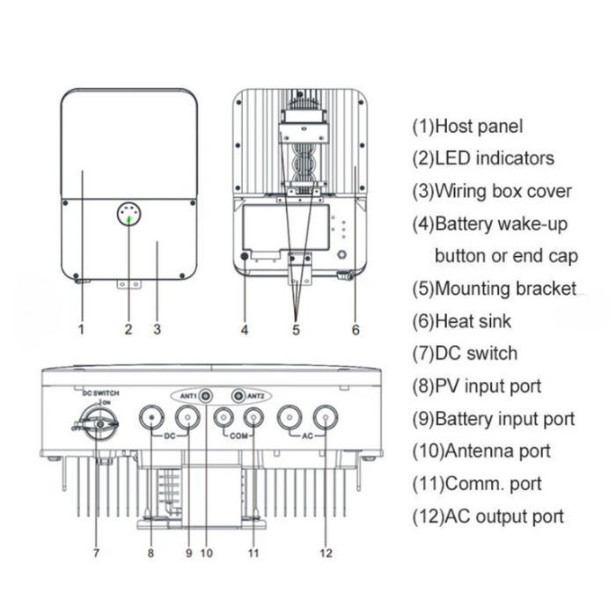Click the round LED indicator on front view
(129, 214)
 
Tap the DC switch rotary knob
(98, 424)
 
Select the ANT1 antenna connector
(206, 396)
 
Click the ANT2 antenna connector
(238, 396)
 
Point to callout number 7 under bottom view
(96, 554)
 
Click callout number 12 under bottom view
(326, 554)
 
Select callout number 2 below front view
(128, 331)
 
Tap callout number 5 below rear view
(297, 331)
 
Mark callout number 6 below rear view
(356, 331)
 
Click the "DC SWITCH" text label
(100, 392)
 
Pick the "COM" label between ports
(238, 436)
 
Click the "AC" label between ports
(307, 436)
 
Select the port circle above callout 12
(326, 417)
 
